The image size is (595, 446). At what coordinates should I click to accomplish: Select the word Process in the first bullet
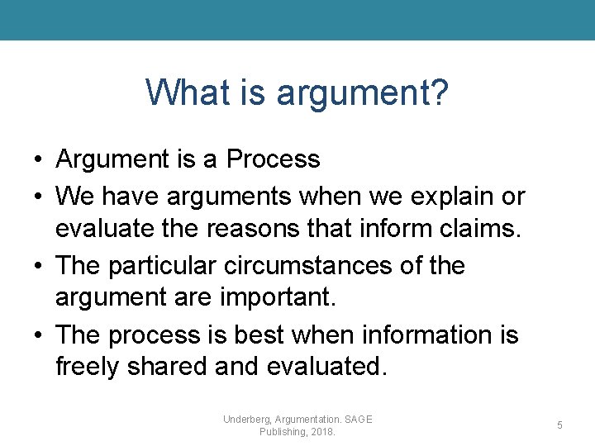coord(274,159)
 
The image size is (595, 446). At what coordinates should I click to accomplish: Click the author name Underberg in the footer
coord(250,420)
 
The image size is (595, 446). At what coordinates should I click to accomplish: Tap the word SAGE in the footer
coord(357,420)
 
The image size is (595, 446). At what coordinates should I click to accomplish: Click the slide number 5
coord(559,425)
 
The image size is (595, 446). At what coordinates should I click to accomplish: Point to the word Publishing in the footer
coord(281,432)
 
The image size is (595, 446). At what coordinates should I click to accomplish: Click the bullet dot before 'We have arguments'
coord(39,197)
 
